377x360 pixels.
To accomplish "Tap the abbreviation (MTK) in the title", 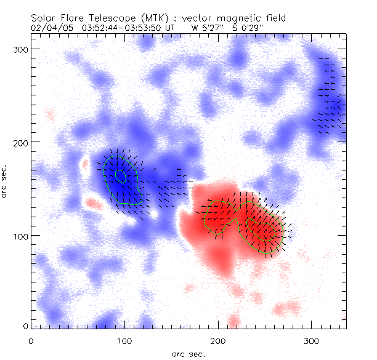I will (x=139, y=18).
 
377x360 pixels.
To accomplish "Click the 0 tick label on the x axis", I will (x=31, y=340).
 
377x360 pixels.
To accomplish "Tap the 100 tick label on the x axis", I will (x=124, y=340).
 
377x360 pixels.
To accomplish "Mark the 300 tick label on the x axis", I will (x=312, y=340).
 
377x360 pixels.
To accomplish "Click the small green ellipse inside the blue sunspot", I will (x=120, y=176).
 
